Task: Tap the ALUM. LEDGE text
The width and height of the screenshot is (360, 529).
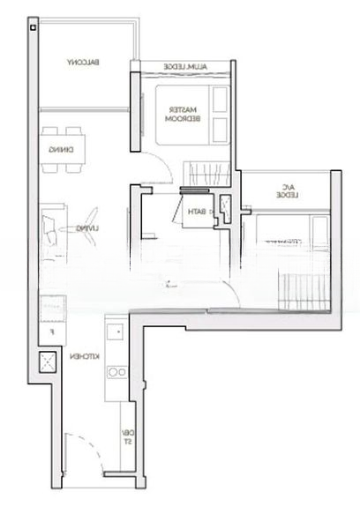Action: [x=184, y=67]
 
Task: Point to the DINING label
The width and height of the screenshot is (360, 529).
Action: [x=56, y=149]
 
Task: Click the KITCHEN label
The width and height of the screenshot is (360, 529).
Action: [x=82, y=356]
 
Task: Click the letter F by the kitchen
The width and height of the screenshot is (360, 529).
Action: [x=52, y=332]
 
